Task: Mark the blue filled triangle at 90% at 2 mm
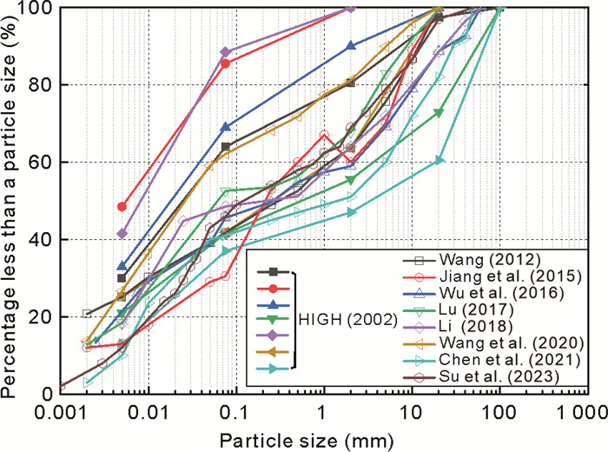350,45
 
